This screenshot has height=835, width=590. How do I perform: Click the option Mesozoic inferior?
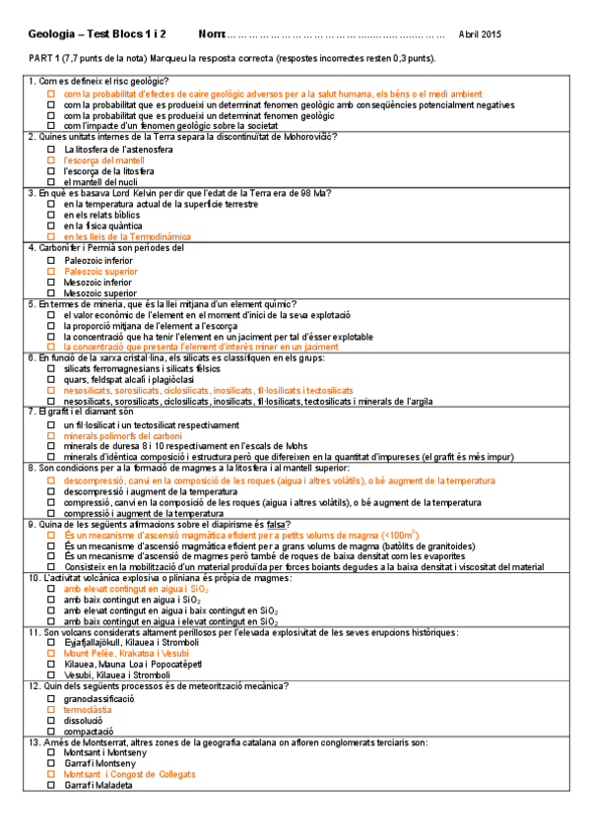pos(98,282)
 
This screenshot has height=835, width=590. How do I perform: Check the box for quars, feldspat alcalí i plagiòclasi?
pos(52,380)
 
